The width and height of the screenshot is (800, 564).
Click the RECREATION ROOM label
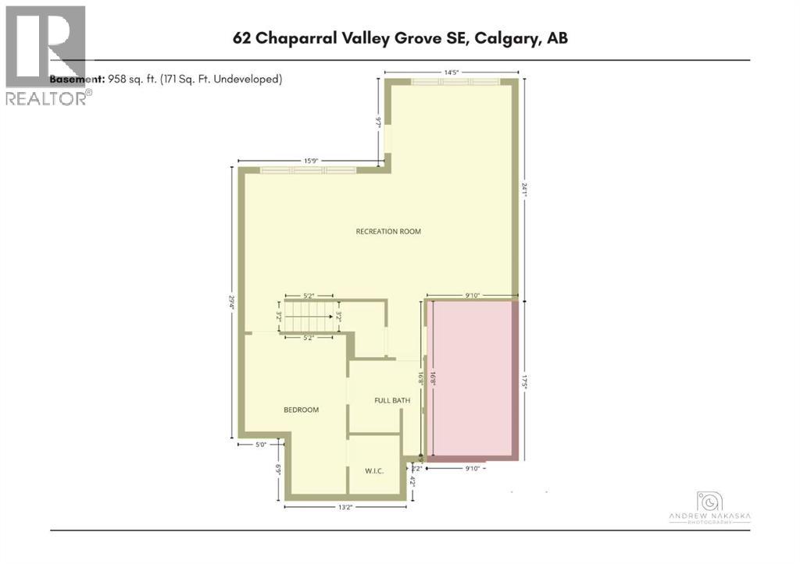(x=388, y=232)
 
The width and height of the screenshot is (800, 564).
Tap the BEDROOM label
(x=301, y=410)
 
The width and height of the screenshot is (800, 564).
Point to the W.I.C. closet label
(x=373, y=471)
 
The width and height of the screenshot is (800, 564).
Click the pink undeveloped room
(x=471, y=378)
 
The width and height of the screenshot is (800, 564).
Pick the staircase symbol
(x=310, y=317)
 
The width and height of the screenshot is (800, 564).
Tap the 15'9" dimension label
(x=311, y=161)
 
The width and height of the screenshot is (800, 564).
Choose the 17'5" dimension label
(x=527, y=378)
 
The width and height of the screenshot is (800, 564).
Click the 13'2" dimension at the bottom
(x=348, y=507)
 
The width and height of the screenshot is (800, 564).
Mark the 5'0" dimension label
(x=262, y=445)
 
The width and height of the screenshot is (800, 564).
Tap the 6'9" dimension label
(x=278, y=471)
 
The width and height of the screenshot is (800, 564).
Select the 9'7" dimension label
(x=379, y=122)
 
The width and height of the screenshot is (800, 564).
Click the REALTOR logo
(x=47, y=55)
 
